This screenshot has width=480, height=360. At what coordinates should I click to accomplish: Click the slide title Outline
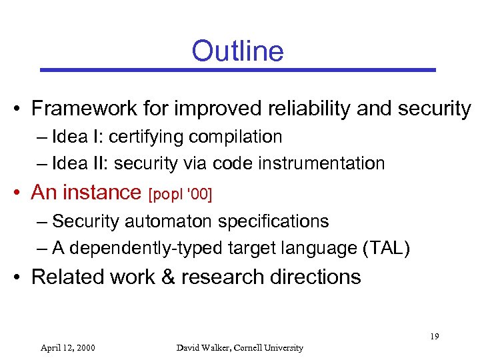coord(237,51)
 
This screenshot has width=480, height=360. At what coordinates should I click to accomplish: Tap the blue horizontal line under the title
coord(237,69)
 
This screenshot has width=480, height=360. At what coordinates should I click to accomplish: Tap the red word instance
coord(103,193)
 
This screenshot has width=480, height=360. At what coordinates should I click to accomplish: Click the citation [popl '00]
coord(181,194)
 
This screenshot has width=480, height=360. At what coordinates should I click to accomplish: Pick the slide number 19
coord(434,337)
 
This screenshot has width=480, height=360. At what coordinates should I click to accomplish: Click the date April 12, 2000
coord(67,347)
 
